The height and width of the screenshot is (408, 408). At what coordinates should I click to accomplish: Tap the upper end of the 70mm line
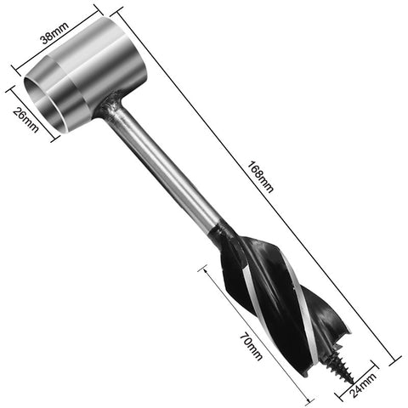(x=204, y=270)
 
